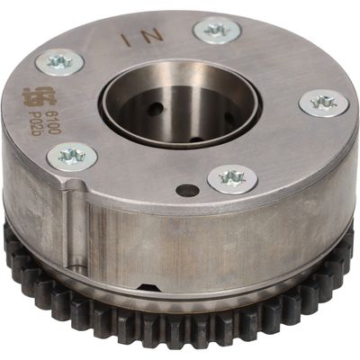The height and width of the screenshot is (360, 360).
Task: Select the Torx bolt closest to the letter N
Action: coord(216,31)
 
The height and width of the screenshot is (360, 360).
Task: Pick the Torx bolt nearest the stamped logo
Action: coord(59,62)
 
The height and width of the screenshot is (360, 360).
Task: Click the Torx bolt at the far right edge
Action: coord(323,102)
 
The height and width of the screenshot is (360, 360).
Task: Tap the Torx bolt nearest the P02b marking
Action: coord(72,157)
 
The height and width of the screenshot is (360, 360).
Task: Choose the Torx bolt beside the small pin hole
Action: coord(232,177)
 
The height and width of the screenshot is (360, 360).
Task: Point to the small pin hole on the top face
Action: coord(187,190)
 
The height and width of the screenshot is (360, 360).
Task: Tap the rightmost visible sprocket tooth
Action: coord(351,247)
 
